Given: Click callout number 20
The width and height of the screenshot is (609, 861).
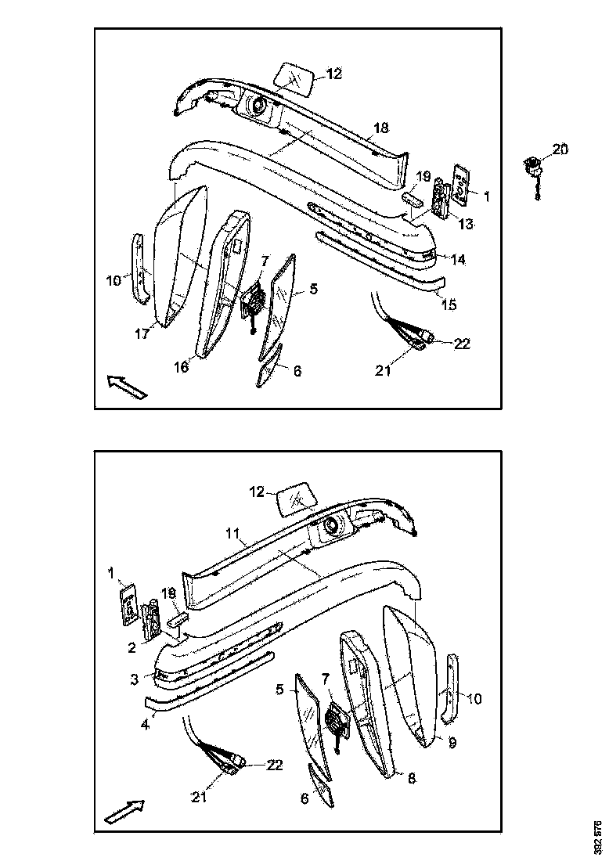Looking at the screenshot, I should (561, 149).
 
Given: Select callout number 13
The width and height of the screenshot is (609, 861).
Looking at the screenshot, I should (466, 225).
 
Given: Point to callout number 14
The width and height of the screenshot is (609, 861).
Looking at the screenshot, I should (458, 259).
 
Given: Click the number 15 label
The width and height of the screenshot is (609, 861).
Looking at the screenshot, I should (449, 305).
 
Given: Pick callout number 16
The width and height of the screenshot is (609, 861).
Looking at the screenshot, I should (182, 366).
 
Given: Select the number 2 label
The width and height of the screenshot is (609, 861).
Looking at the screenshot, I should (132, 647).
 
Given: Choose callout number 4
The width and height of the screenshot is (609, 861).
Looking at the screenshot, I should (145, 725).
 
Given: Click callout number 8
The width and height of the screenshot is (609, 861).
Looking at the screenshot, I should (410, 778).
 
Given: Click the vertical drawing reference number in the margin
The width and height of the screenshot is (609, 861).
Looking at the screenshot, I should (598, 838).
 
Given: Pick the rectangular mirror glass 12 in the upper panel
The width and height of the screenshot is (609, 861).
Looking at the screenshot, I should (294, 77).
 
